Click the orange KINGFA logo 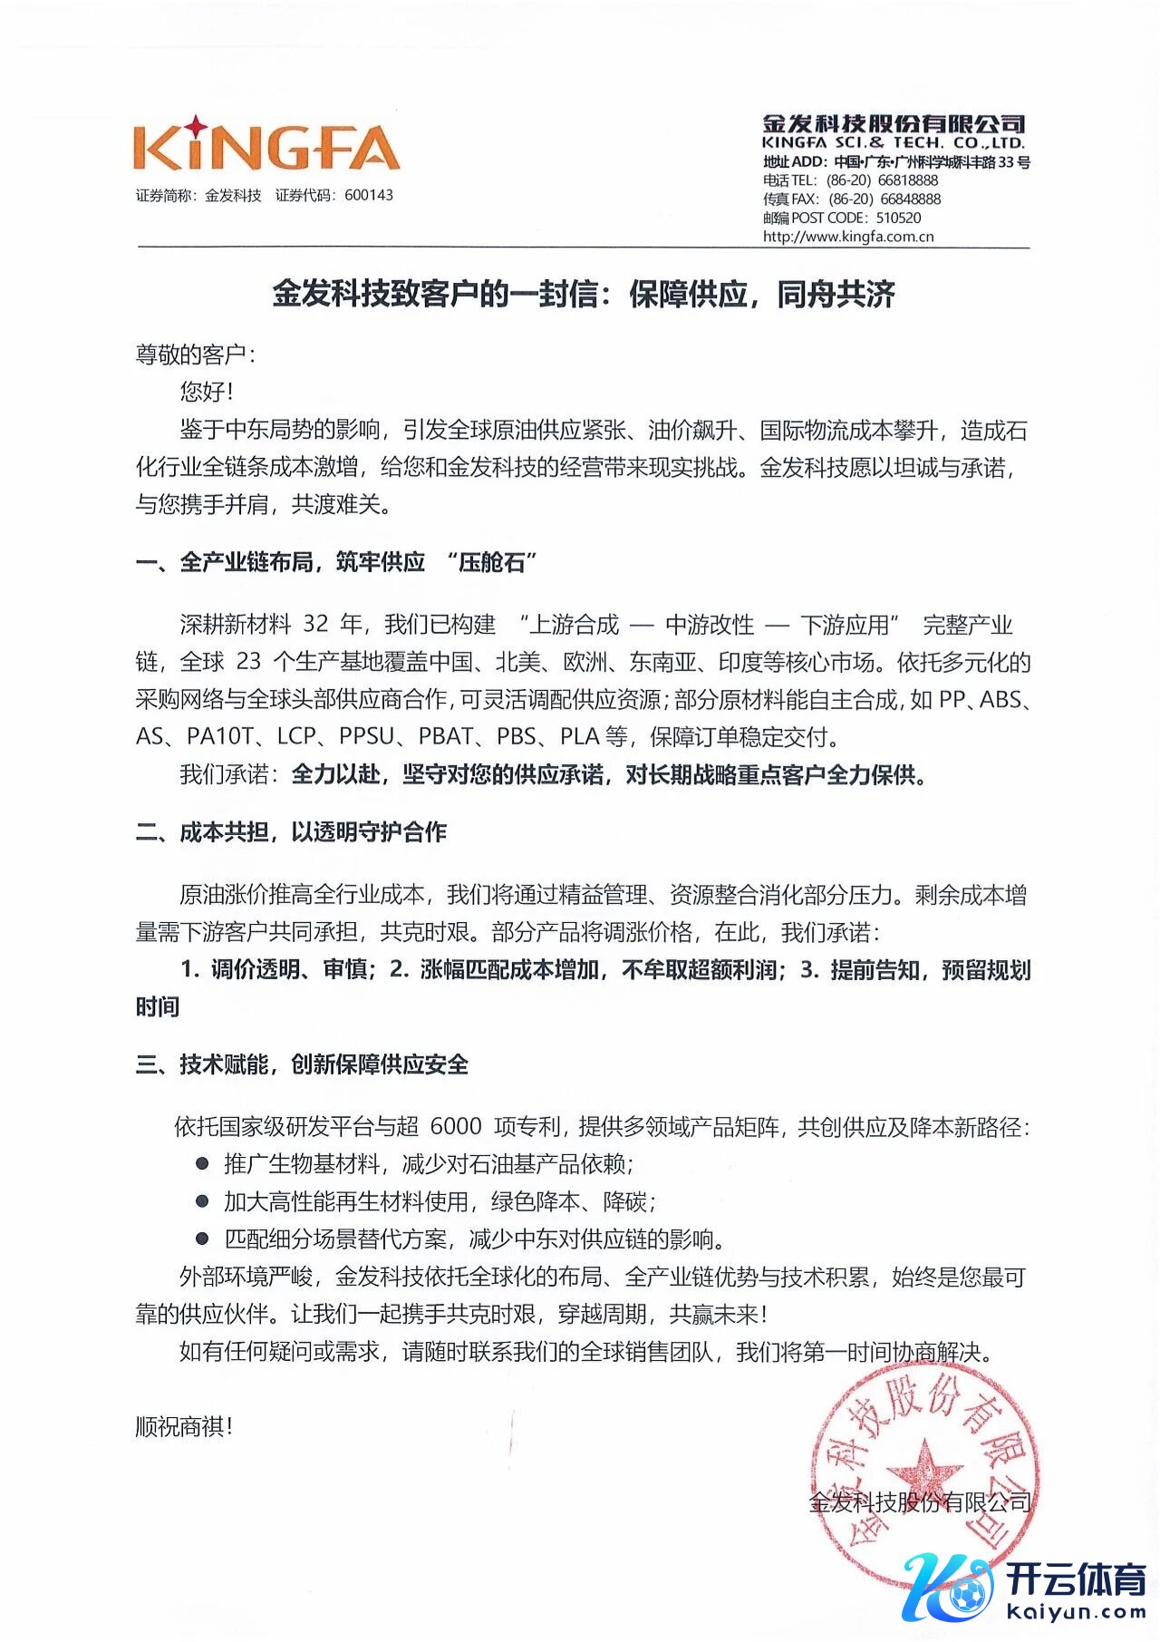[x=266, y=146]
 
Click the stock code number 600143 [x=369, y=195]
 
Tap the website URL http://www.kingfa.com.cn [x=848, y=237]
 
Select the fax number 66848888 [x=910, y=199]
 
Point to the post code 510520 [x=898, y=218]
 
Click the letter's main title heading [x=584, y=295]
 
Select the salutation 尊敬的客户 [x=190, y=354]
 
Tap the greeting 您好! [x=207, y=392]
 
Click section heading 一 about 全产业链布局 [x=336, y=562]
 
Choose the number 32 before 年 [x=315, y=624]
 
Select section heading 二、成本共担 [x=291, y=832]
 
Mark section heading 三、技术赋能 [x=302, y=1064]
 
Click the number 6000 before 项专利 [x=456, y=1126]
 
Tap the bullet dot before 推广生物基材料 [x=203, y=1162]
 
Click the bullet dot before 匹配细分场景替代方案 [x=203, y=1238]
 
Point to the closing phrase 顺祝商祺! [x=185, y=1426]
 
